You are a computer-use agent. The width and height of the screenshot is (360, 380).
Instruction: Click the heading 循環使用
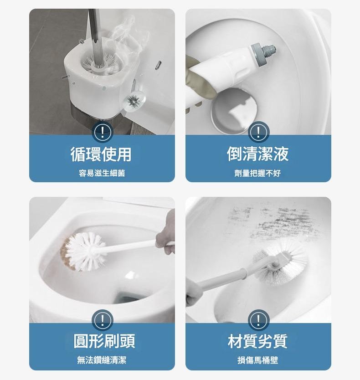(x=101, y=154)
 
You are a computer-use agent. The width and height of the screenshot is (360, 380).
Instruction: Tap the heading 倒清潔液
(x=258, y=154)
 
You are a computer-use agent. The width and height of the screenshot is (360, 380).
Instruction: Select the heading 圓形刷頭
(x=104, y=341)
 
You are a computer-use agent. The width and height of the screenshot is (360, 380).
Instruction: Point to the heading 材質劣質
(x=258, y=341)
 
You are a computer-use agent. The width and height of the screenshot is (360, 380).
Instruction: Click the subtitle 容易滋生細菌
(x=102, y=173)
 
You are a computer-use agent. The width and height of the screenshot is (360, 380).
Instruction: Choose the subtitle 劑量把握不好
(x=257, y=173)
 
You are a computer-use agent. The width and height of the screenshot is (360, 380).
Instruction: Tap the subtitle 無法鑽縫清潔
(x=102, y=360)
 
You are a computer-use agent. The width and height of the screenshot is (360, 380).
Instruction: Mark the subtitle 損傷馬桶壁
(x=258, y=360)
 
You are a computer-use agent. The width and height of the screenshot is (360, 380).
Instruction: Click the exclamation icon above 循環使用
(x=102, y=132)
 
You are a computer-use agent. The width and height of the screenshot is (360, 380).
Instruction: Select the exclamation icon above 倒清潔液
(x=258, y=132)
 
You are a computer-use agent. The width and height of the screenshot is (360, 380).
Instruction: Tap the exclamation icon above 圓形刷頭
(x=102, y=320)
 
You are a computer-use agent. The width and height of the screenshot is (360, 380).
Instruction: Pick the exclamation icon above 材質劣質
(x=258, y=320)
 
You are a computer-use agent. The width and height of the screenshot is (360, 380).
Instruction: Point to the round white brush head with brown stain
(x=83, y=252)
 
